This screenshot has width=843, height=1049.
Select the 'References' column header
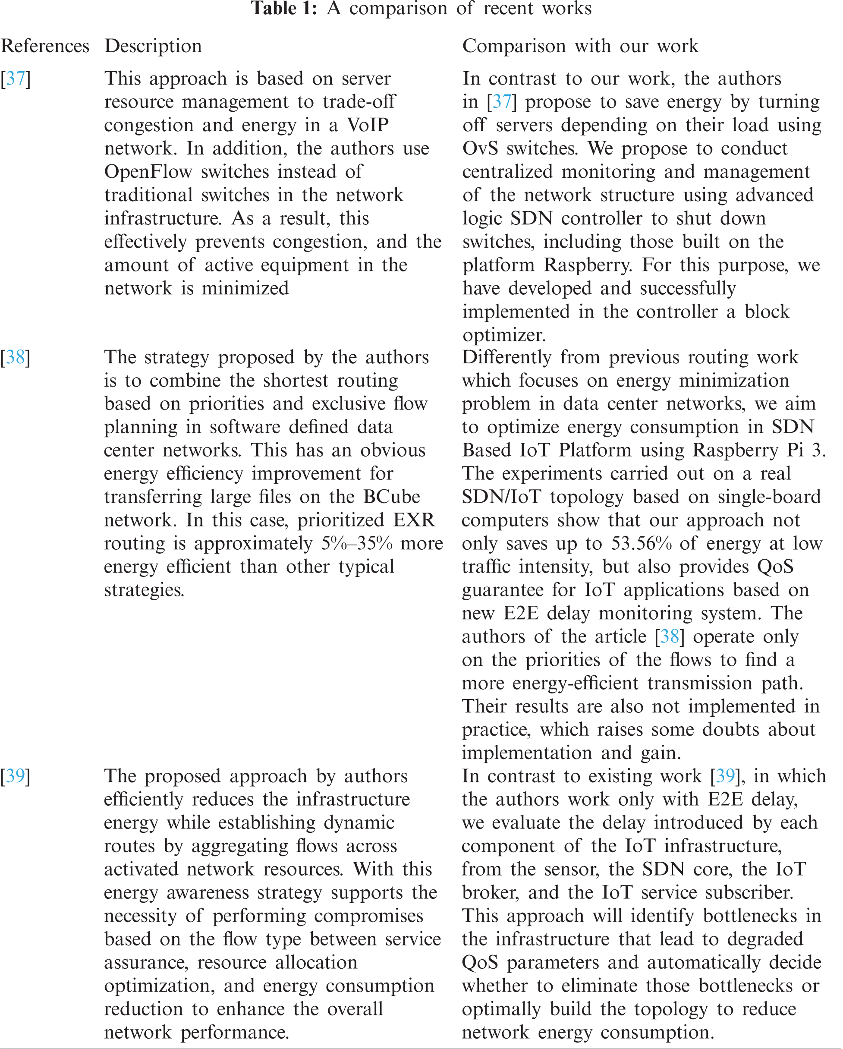pos(45,46)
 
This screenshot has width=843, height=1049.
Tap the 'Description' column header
pos(153,46)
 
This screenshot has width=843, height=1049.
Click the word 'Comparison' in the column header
pos(514,46)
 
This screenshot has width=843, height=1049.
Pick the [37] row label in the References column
pos(16,79)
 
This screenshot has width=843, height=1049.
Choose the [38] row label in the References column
pos(16,357)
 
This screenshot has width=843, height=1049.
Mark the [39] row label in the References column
pos(16,775)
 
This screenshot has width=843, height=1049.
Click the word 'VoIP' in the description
pos(367,125)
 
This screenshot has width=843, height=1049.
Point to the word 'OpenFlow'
pos(148,172)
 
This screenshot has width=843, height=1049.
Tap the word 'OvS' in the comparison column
pos(480,148)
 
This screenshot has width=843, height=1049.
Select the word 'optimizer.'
pos(504,335)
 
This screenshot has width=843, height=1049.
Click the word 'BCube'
pos(392,497)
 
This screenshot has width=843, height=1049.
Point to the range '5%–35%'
pos(356,543)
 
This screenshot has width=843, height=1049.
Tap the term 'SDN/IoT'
pos(501,497)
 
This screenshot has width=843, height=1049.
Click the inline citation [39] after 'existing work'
pos(725,775)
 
